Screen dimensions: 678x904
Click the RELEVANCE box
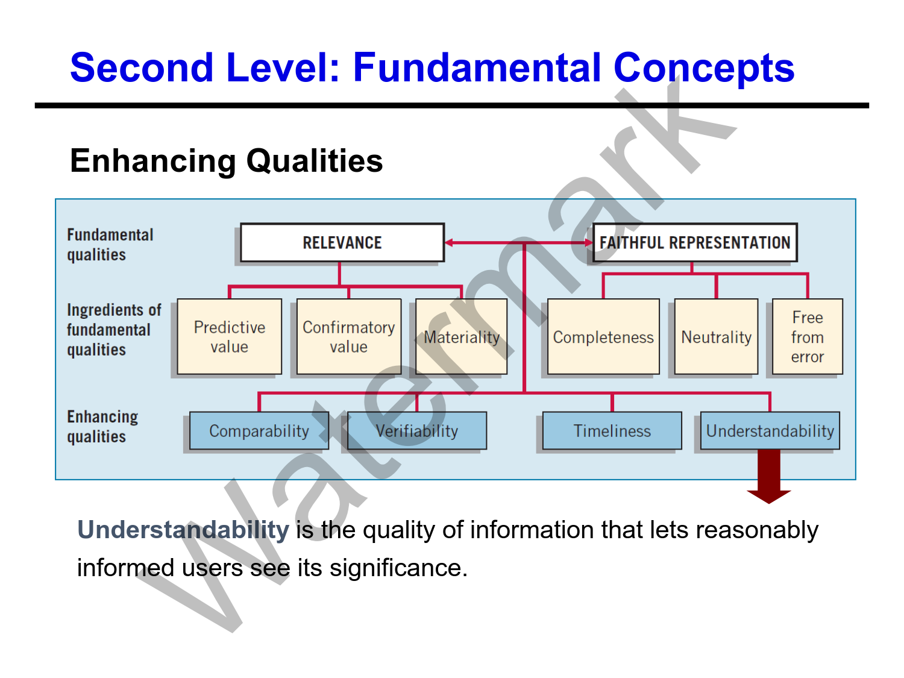(342, 243)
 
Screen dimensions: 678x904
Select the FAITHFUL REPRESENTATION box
(695, 243)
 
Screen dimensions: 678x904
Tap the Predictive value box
(230, 337)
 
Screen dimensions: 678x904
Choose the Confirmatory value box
(349, 337)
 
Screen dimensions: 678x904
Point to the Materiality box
(462, 337)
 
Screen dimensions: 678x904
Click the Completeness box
(603, 337)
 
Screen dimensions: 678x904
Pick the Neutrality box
(716, 337)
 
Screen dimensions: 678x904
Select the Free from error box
(807, 337)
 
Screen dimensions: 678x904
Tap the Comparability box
(259, 431)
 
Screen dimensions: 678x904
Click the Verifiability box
(417, 431)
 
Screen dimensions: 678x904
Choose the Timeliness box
(612, 431)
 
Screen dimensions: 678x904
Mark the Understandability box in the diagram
(770, 431)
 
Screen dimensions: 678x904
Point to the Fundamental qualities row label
(110, 245)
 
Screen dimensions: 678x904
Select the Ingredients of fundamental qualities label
(113, 330)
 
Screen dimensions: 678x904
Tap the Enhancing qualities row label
(102, 427)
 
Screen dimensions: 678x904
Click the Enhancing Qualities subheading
(226, 161)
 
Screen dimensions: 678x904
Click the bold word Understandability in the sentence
(183, 530)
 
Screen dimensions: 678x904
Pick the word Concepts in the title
(703, 67)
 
